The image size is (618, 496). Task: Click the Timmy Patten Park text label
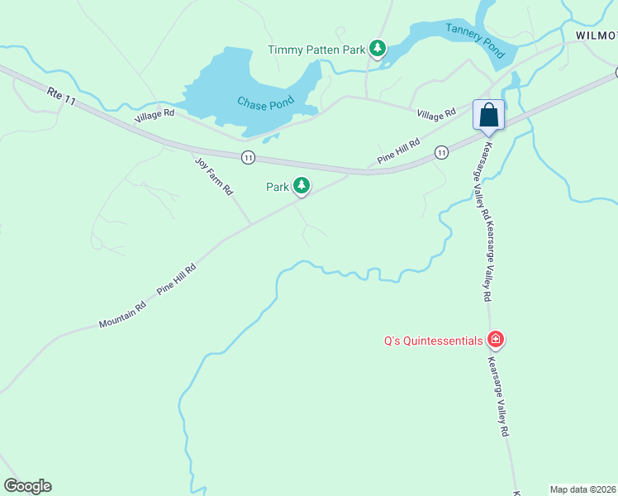click(x=316, y=50)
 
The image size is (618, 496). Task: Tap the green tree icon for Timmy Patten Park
click(x=378, y=49)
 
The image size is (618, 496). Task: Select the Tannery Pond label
click(x=475, y=40)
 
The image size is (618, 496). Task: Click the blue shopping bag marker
click(x=488, y=115)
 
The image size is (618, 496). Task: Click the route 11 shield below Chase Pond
click(x=248, y=156)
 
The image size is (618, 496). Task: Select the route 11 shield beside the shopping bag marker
click(x=442, y=151)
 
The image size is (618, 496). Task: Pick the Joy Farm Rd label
click(x=214, y=176)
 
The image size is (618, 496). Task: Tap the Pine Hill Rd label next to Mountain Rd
click(x=177, y=280)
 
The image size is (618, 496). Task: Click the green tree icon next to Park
click(x=302, y=186)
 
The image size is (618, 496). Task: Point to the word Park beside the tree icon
click(x=278, y=187)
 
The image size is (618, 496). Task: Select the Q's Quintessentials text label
click(x=434, y=340)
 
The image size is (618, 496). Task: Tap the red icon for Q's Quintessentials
click(x=496, y=339)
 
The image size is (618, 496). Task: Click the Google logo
click(x=27, y=486)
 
